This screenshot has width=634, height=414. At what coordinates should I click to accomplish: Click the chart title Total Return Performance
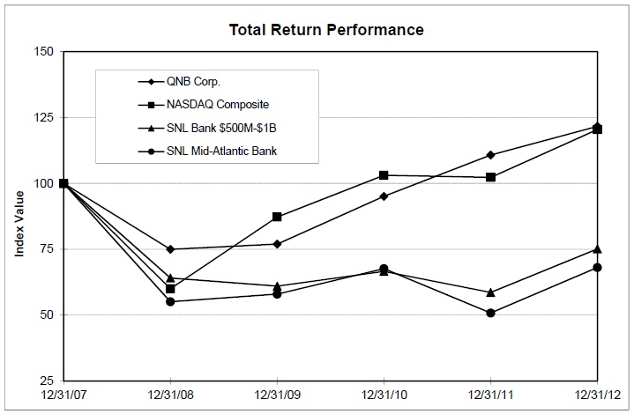click(326, 30)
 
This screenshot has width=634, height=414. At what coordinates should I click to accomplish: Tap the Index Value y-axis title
click(19, 224)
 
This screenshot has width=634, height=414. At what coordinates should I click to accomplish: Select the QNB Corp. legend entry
click(179, 82)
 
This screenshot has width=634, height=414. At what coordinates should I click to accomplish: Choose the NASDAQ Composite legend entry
click(204, 105)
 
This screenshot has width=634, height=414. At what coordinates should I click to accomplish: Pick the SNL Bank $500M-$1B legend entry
click(207, 128)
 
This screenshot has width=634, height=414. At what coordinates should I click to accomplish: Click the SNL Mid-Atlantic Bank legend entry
click(207, 151)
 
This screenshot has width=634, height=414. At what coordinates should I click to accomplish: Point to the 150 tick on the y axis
click(44, 52)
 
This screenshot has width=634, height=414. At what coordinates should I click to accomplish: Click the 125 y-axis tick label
click(44, 117)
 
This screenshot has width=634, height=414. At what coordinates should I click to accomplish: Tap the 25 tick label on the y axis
click(47, 381)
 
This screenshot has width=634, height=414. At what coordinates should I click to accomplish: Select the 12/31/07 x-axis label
click(63, 395)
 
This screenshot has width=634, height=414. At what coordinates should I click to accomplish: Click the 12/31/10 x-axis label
click(384, 395)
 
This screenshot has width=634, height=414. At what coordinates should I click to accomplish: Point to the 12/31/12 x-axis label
click(597, 395)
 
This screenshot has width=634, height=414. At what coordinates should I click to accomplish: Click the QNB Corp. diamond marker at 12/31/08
click(170, 249)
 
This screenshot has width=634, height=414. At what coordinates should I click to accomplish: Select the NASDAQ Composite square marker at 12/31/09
click(277, 217)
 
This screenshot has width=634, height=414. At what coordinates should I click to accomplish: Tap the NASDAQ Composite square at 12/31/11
click(490, 177)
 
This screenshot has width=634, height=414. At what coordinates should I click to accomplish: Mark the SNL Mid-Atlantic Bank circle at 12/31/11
click(490, 313)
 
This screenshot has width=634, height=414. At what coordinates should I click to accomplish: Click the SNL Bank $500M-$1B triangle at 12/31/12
click(597, 249)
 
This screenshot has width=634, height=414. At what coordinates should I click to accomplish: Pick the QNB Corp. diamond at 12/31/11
click(490, 155)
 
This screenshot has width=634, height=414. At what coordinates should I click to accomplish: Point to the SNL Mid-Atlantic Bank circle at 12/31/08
click(170, 302)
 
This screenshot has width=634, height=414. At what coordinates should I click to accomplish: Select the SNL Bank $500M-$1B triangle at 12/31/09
click(277, 286)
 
